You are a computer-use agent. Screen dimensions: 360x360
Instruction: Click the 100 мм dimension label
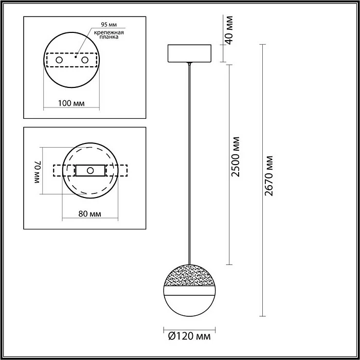71,103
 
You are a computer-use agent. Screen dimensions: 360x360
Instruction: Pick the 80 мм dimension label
89,213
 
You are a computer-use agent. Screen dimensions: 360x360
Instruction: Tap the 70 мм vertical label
37,171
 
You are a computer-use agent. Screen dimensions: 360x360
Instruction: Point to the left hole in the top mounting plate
60,61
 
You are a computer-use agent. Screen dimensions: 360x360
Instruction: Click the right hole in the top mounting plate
93,61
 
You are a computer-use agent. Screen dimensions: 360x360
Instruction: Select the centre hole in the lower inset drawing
90,170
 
